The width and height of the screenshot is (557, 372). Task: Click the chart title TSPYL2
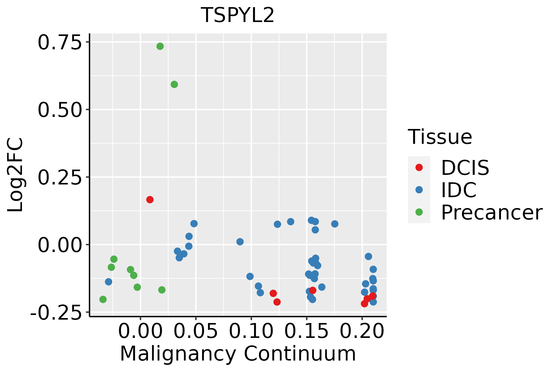tap(237, 15)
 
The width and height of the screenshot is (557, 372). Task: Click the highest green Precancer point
tap(160, 46)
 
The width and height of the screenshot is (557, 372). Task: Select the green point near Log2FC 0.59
tap(174, 84)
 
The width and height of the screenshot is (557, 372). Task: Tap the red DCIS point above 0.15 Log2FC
tap(150, 200)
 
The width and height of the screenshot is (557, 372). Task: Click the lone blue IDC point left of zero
tap(108, 282)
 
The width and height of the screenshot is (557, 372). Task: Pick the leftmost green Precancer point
tap(103, 299)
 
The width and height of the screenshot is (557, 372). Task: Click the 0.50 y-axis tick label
tap(59, 110)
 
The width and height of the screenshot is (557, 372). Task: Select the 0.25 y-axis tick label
tap(59, 177)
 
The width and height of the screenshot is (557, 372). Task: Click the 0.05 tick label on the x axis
tap(196, 332)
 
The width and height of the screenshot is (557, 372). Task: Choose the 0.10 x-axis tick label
tap(251, 332)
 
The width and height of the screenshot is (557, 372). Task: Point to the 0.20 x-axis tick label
tap(362, 332)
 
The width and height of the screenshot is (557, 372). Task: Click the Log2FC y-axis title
tap(15, 175)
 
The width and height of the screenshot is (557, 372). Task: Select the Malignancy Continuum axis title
tap(238, 354)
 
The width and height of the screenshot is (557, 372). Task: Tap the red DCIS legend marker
tap(419, 167)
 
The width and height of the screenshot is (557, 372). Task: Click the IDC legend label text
tap(459, 190)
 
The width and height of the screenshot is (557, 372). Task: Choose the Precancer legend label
tap(491, 213)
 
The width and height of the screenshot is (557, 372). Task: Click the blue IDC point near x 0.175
tap(335, 224)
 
